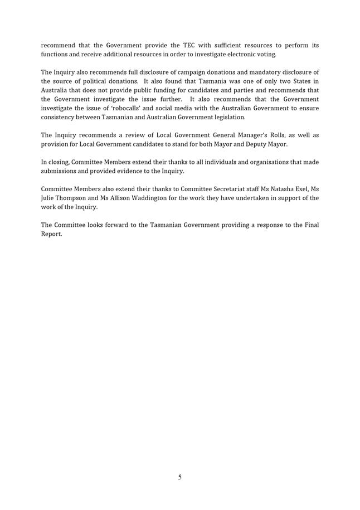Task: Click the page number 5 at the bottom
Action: click(179, 477)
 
